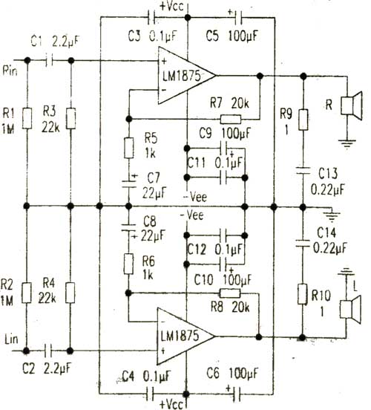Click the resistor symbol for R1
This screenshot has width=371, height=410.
[27, 118]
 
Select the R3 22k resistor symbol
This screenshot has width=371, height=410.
[70, 118]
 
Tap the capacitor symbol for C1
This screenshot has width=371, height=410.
[49, 61]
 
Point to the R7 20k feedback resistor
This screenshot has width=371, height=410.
[231, 120]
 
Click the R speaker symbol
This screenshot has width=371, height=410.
[352, 105]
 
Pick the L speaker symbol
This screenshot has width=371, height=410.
[350, 310]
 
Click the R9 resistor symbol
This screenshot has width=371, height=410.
[303, 120]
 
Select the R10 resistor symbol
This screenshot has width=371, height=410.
[302, 294]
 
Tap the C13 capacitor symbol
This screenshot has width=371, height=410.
[303, 171]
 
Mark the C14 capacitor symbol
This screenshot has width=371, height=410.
[303, 244]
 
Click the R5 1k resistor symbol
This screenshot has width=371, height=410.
[129, 148]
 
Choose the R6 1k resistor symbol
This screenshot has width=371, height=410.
[128, 264]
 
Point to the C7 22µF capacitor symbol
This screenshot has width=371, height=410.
[129, 183]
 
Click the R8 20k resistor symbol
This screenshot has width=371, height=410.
[230, 293]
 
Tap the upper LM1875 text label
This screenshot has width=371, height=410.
[182, 76]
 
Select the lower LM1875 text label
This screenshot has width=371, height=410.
[180, 336]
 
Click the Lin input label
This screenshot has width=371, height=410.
[11, 339]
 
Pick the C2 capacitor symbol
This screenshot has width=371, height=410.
[48, 351]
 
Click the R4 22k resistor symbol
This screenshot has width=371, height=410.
[70, 293]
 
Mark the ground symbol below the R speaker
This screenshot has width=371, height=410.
[347, 143]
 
